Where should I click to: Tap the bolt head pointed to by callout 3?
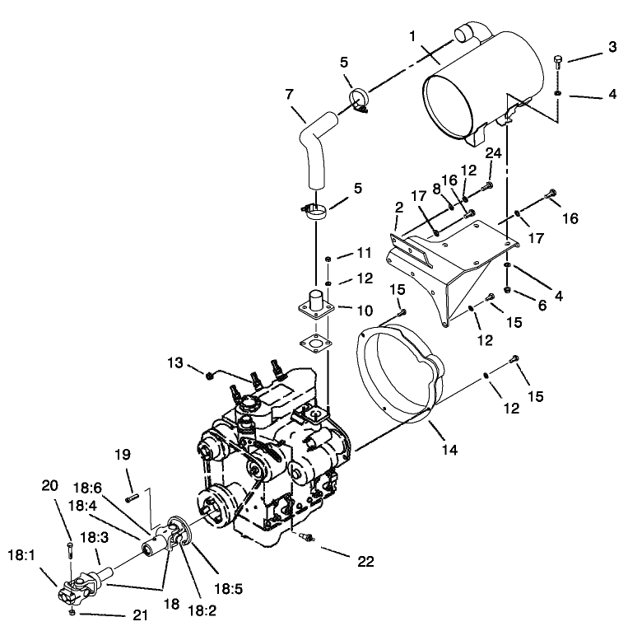[x=559, y=59]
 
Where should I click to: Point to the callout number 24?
[x=493, y=154]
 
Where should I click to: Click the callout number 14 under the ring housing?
[x=448, y=451]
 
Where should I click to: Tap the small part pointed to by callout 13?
[x=211, y=376]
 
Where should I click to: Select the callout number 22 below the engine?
[x=365, y=562]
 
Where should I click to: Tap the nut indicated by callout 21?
[x=72, y=613]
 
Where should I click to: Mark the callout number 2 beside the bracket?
[x=398, y=208]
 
